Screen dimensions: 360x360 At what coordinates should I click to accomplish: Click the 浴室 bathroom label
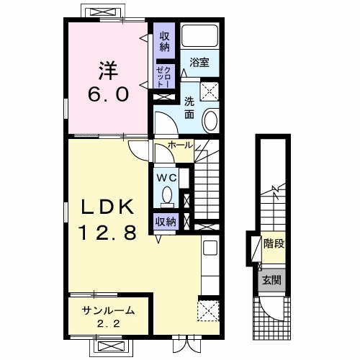point(199,63)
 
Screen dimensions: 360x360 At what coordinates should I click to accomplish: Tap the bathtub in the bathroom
point(199,36)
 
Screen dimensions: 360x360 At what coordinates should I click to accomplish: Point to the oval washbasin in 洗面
point(210,120)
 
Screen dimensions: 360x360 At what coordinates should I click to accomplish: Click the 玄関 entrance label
point(271,280)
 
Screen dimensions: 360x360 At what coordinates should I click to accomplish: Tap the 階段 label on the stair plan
point(274,243)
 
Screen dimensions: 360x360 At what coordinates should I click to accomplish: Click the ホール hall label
point(180,145)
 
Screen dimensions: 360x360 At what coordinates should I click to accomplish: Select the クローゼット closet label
point(164,77)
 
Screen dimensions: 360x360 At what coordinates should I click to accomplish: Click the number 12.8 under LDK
point(107,232)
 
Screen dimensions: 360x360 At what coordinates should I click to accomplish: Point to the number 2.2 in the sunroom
point(108,324)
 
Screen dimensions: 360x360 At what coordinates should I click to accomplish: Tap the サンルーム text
point(108,311)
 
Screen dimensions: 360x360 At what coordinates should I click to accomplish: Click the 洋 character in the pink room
point(108,71)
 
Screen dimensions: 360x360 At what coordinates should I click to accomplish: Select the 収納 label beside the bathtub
point(165,42)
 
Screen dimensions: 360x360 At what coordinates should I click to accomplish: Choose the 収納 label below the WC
point(166,222)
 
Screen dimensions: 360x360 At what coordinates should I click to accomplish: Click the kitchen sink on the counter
point(210,248)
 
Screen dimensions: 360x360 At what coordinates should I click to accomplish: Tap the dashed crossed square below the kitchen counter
point(208,310)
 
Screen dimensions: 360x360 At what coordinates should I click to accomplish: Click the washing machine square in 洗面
point(210,91)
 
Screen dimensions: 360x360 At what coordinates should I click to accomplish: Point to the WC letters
point(167,178)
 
